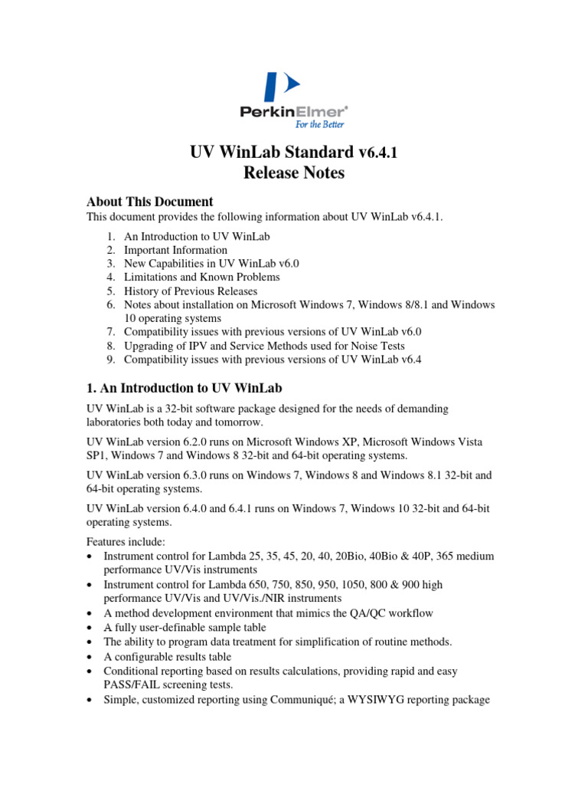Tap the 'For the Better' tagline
click(319, 124)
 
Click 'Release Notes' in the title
click(294, 172)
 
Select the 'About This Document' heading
click(149, 202)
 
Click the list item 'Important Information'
click(175, 250)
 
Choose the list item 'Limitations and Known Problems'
click(201, 277)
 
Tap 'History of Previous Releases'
click(191, 291)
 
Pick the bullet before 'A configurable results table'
click(91, 657)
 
